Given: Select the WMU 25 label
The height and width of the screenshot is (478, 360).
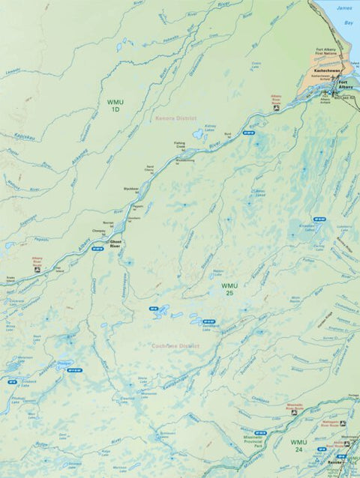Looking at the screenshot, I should (x=229, y=289).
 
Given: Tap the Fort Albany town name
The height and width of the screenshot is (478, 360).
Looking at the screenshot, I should (x=343, y=85).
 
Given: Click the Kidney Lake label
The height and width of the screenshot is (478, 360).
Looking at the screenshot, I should (x=210, y=127).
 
